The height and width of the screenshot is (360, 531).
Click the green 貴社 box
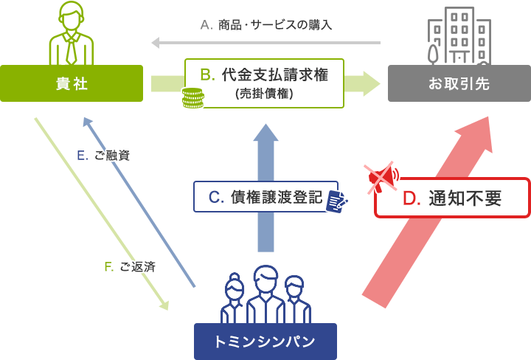coord(72,83)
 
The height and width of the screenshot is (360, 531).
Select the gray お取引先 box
coord(459,83)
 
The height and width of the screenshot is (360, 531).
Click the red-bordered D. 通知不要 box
coord(452,198)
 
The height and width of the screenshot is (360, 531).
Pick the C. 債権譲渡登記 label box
coord(265,197)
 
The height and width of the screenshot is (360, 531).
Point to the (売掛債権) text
coord(264,94)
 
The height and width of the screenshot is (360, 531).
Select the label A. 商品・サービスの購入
coord(266,24)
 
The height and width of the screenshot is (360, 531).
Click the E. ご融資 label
coord(103,156)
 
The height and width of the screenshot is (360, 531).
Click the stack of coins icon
coord(194,98)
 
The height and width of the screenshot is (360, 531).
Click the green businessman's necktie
coord(71,49)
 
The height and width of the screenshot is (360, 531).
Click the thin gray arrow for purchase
coord(265,44)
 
